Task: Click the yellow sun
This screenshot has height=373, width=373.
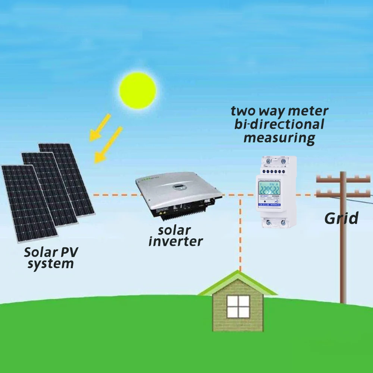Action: coord(138,90)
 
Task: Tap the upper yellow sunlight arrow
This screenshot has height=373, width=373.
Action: coord(100,127)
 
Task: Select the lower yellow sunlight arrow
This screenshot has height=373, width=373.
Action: coord(108,145)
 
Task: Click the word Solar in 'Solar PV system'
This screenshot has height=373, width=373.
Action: coord(40,253)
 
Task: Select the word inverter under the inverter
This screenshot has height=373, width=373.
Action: coord(175,241)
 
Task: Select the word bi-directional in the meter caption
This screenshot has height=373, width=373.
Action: coord(279,124)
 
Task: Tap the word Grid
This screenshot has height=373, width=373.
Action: coord(341,218)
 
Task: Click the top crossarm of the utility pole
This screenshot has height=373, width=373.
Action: coord(343,179)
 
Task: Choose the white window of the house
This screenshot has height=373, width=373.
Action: coord(238,307)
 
